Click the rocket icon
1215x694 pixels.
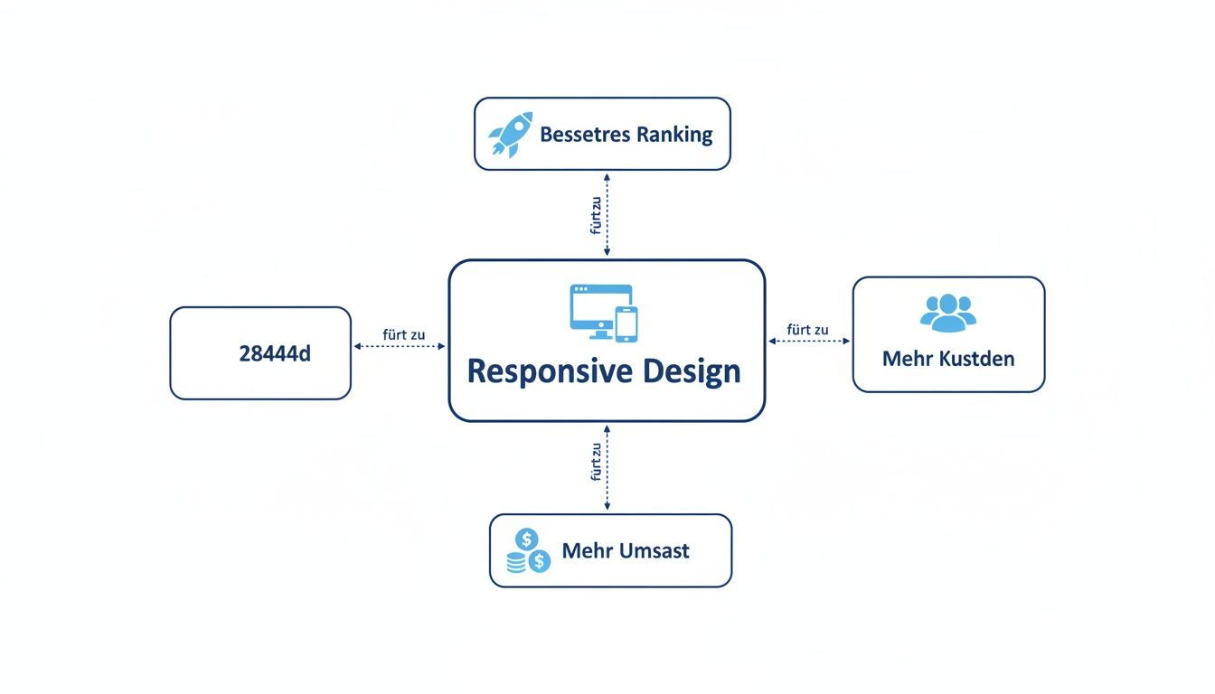[511, 135]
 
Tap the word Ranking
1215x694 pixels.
[673, 135]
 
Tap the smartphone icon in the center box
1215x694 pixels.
[626, 324]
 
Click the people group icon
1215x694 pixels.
[948, 311]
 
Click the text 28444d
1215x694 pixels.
[275, 354]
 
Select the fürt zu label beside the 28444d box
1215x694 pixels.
[403, 334]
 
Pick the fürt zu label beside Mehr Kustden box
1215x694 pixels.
[808, 330]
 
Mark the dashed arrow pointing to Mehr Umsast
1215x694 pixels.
[607, 467]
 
